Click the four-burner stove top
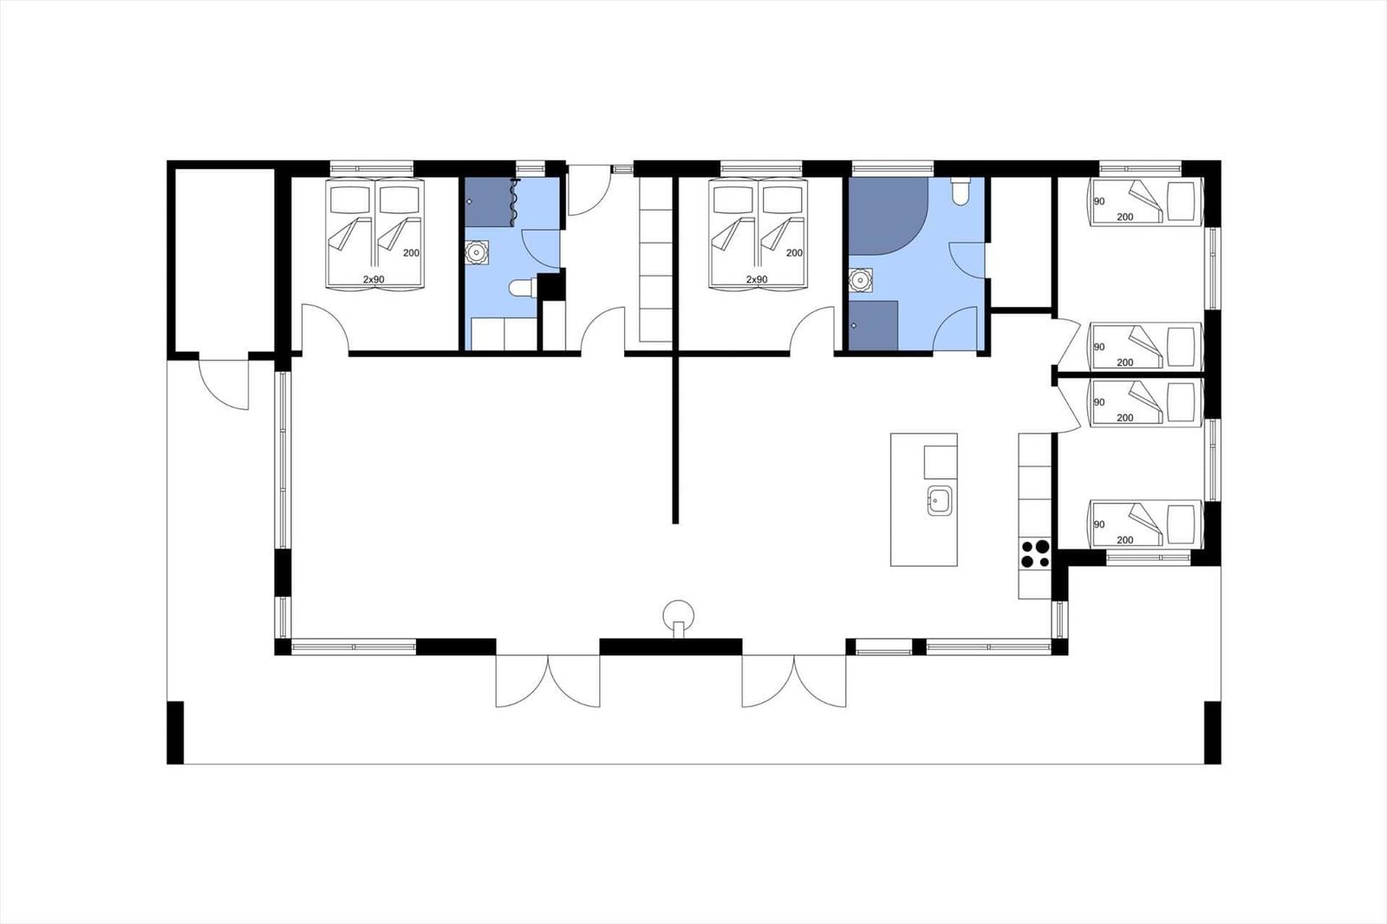1035,554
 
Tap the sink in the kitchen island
940,500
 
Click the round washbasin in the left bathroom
476,253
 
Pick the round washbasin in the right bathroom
860,280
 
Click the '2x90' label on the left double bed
374,279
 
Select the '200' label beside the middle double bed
794,253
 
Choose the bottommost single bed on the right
1145,524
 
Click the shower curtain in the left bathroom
514,201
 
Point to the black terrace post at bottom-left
175,732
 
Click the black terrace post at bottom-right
1213,732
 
